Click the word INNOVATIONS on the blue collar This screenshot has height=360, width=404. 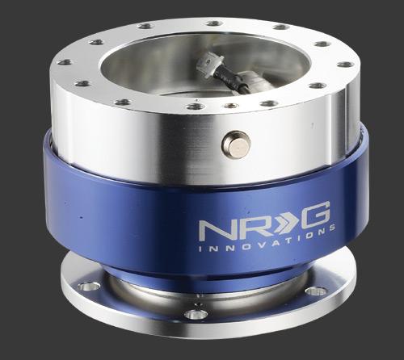(x=267, y=241)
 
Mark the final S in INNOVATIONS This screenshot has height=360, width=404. (x=331, y=227)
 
